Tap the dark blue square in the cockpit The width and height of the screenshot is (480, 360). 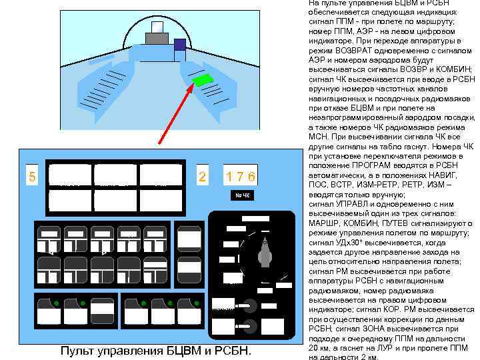tap(179, 45)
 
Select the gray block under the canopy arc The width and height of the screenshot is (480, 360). tap(157, 39)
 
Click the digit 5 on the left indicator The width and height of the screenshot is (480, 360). tap(31, 177)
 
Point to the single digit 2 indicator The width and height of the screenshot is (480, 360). tap(203, 177)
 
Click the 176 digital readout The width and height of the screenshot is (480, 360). tap(240, 177)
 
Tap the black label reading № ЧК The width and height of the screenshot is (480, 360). tap(242, 195)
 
